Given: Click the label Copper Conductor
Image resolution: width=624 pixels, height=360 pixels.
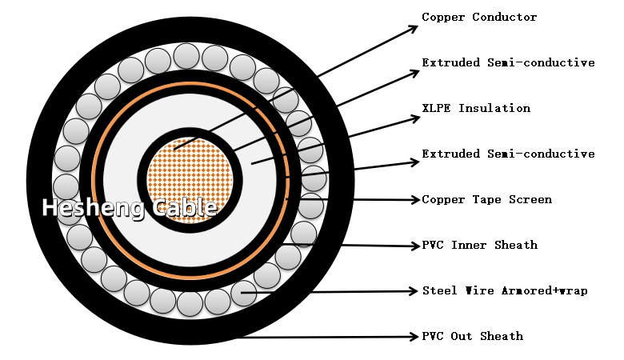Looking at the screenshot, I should (x=479, y=17).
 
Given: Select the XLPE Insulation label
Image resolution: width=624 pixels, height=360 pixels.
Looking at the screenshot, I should (x=476, y=108).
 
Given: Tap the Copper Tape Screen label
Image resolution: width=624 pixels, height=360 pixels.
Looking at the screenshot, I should (x=486, y=199).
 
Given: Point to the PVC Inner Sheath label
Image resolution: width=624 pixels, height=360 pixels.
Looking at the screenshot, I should (x=479, y=245).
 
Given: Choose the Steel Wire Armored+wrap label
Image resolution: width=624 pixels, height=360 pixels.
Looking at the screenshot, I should (x=505, y=290).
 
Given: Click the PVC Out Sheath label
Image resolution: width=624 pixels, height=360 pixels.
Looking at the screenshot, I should (x=472, y=336).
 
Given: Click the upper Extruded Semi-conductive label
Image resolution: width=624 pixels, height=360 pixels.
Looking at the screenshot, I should (x=508, y=62).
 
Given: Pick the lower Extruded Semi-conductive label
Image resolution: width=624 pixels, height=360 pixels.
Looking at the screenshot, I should (x=508, y=154).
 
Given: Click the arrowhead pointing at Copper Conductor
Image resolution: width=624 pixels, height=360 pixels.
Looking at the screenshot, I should (x=413, y=29).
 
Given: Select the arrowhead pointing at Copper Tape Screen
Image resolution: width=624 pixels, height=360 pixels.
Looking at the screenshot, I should (x=414, y=199).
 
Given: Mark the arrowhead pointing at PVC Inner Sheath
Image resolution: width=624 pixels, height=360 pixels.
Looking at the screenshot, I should (x=414, y=246).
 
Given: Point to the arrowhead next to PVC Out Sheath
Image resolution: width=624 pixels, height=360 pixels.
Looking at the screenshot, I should (x=414, y=336).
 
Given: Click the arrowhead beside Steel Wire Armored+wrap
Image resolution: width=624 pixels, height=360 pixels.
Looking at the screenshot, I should (x=414, y=290).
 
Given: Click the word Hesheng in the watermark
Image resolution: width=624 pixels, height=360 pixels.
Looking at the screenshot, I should (x=82, y=208).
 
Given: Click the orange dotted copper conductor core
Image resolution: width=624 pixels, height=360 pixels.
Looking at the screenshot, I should (x=189, y=178).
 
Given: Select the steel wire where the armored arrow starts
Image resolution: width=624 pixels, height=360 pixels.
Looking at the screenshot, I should (x=242, y=296).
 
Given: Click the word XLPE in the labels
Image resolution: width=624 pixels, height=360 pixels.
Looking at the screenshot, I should (x=436, y=108).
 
